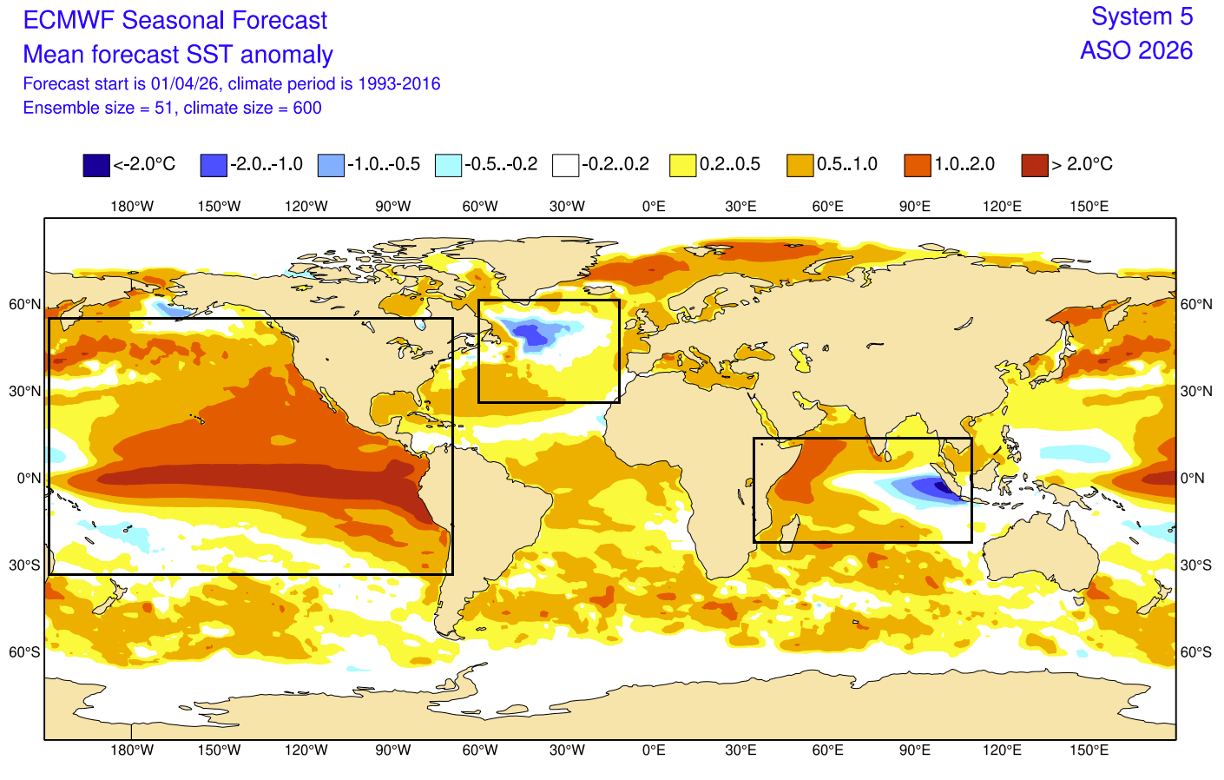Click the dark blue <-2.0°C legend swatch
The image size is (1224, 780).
coord(96,165)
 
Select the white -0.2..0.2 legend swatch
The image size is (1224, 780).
coord(565,165)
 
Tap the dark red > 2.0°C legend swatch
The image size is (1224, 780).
coord(1035,165)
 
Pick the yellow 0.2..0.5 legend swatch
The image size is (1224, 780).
coord(683,165)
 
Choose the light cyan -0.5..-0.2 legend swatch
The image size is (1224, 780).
coord(448,165)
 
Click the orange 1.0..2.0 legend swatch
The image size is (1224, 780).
coord(918,165)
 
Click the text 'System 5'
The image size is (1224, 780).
coord(1142,17)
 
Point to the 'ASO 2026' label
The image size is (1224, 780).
coord(1136,50)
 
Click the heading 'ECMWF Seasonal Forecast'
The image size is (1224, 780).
coord(174,20)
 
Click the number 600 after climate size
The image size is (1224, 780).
coord(307,108)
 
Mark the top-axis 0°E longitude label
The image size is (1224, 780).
coord(654,207)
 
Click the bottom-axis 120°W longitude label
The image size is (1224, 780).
coord(306,750)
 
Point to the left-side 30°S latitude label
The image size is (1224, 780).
coord(25,565)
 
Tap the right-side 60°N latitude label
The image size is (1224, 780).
coord(1195,305)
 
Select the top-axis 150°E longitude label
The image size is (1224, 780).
coord(1089,207)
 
